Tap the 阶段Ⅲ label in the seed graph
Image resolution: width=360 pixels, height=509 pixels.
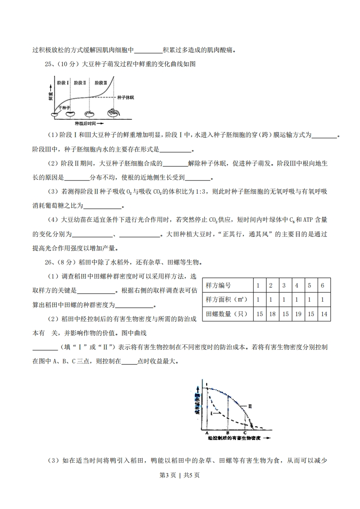tap(100, 83)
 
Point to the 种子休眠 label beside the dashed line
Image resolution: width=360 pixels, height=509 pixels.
tap(125, 98)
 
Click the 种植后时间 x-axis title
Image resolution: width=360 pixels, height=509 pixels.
tap(88, 123)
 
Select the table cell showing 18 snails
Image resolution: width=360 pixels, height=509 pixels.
tap(271, 313)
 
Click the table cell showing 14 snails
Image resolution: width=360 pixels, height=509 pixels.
tap(322, 313)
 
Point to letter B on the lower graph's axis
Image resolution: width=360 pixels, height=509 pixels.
tap(227, 432)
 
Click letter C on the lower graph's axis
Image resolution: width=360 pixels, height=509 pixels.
tap(245, 432)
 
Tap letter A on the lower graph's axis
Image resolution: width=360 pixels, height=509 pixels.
tap(207, 432)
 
